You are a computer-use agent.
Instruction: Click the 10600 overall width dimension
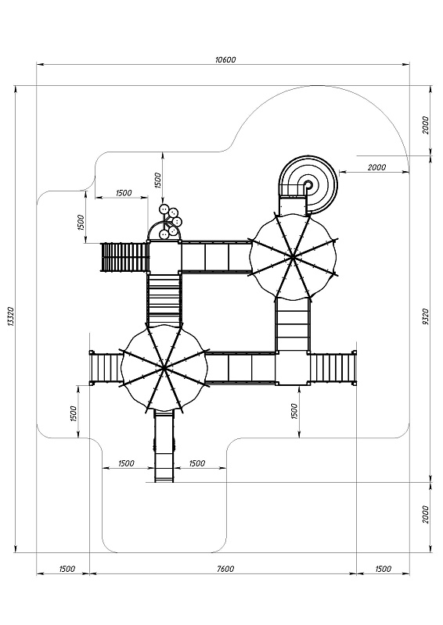(x=225, y=60)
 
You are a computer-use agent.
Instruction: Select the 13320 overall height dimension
(x=11, y=317)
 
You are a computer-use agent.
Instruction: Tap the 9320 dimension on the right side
(x=426, y=317)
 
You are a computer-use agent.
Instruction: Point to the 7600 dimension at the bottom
(x=225, y=569)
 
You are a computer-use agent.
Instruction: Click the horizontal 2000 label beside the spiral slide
(x=376, y=167)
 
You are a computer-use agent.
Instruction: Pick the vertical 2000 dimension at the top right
(x=426, y=125)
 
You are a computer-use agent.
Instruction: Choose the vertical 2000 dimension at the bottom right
(x=426, y=514)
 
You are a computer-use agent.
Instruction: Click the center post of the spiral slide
(x=308, y=185)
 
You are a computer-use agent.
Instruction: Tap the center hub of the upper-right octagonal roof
(x=294, y=258)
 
